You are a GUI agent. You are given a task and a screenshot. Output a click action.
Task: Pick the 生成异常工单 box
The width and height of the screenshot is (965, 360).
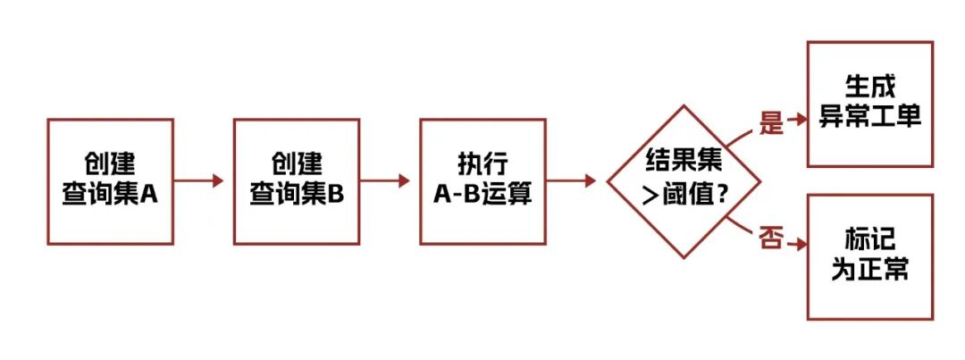869,104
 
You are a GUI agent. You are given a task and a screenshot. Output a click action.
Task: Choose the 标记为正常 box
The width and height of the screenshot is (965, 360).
869,257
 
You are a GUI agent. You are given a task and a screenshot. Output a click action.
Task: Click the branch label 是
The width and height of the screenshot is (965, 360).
770,123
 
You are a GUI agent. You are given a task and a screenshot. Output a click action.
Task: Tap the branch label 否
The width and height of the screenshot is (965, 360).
770,239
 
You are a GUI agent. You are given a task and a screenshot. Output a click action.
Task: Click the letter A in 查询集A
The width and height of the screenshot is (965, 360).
150,194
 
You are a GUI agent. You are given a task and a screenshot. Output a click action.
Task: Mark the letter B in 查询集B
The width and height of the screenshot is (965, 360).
336,194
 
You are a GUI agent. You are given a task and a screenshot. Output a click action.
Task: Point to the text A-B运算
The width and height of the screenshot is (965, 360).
482,194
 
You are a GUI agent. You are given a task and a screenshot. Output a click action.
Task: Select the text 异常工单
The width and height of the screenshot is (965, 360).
869,117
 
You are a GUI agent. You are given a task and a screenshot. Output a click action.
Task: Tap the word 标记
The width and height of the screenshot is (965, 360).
869,241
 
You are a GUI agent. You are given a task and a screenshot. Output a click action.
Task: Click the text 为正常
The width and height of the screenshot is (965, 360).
869,270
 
